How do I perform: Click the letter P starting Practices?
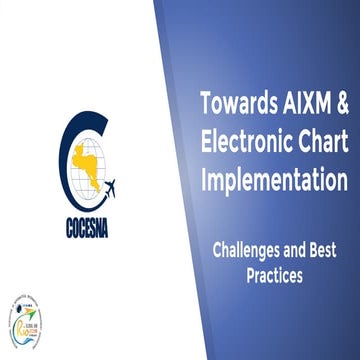coord(251,276)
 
